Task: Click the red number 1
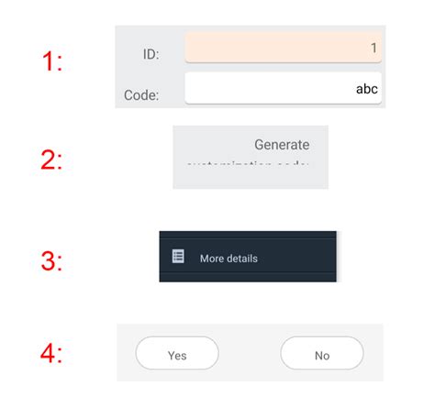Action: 48,62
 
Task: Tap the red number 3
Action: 48,260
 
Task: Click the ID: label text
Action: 151,55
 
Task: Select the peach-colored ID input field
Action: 283,48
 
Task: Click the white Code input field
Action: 283,89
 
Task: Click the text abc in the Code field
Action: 367,89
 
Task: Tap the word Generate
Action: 282,145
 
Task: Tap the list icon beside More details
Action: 178,257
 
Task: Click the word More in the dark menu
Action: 212,259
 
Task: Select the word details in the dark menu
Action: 242,259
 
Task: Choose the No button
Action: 321,354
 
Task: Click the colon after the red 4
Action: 60,357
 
